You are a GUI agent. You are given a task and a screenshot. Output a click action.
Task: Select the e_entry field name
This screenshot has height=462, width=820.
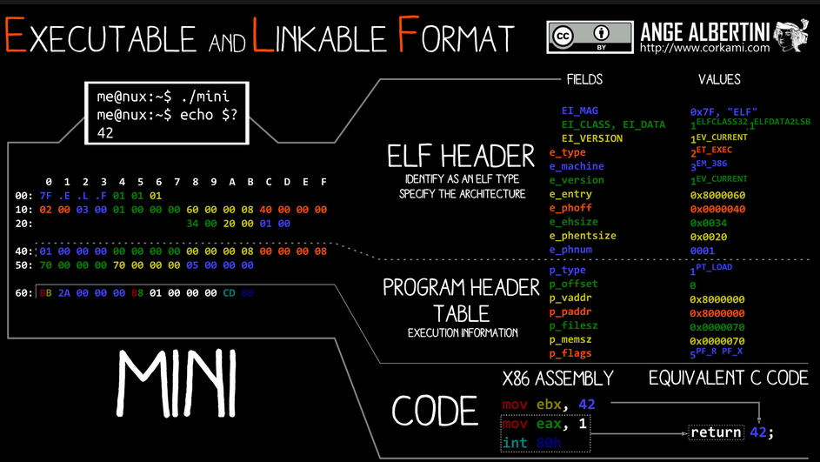pyautogui.click(x=570, y=194)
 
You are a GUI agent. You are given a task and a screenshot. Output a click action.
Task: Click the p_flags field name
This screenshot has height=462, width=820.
pyautogui.click(x=570, y=353)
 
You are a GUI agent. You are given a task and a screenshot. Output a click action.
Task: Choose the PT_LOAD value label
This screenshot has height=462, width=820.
pyautogui.click(x=714, y=267)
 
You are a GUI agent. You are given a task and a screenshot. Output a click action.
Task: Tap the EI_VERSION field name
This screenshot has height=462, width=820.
pyautogui.click(x=591, y=138)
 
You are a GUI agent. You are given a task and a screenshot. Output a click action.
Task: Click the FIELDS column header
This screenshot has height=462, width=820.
pyautogui.click(x=583, y=79)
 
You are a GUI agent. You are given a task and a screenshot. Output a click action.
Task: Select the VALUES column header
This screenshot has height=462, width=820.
pyautogui.click(x=719, y=79)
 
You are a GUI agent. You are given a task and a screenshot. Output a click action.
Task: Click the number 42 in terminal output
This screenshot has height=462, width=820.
pyautogui.click(x=105, y=133)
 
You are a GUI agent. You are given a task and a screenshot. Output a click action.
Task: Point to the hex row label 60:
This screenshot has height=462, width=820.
pyautogui.click(x=24, y=293)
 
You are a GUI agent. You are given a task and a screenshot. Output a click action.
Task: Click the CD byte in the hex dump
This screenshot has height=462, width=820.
pyautogui.click(x=229, y=293)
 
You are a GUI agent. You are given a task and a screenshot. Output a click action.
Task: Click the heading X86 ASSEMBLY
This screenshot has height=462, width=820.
pyautogui.click(x=557, y=378)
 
